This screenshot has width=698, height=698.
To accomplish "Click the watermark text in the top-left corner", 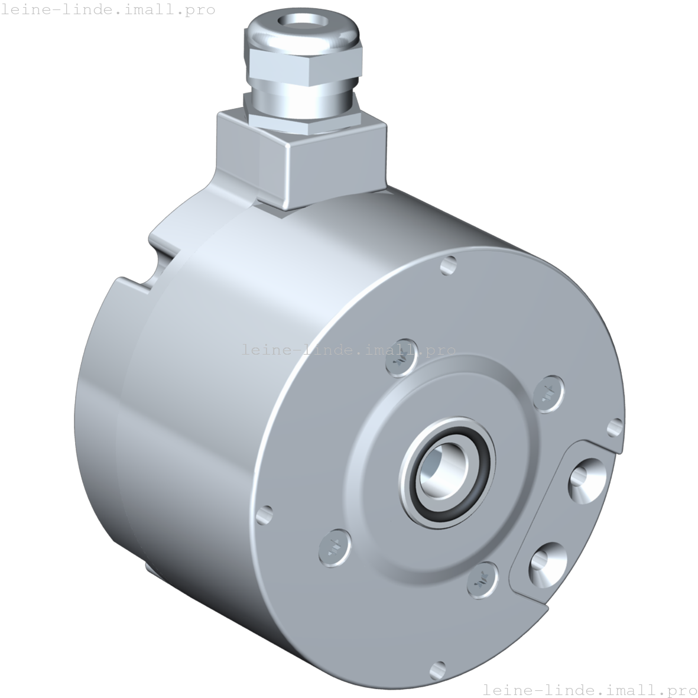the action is [108, 9].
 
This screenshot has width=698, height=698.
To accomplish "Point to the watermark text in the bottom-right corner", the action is [590, 690].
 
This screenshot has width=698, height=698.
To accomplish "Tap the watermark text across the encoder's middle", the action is [349, 349].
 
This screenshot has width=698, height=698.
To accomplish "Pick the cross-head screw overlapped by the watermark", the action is [401, 358].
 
